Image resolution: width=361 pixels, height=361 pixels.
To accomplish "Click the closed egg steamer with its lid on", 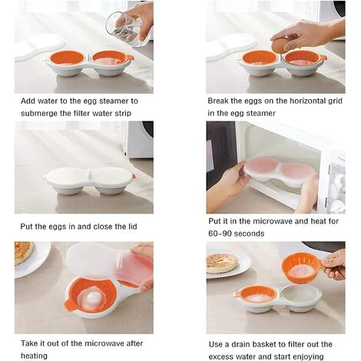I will (89, 179).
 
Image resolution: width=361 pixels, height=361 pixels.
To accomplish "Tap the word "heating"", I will (34, 356).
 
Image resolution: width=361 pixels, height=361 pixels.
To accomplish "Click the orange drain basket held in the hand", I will (301, 268).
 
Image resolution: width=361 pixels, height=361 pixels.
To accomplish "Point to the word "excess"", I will (221, 356).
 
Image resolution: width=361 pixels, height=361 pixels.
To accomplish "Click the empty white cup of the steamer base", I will (295, 296).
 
